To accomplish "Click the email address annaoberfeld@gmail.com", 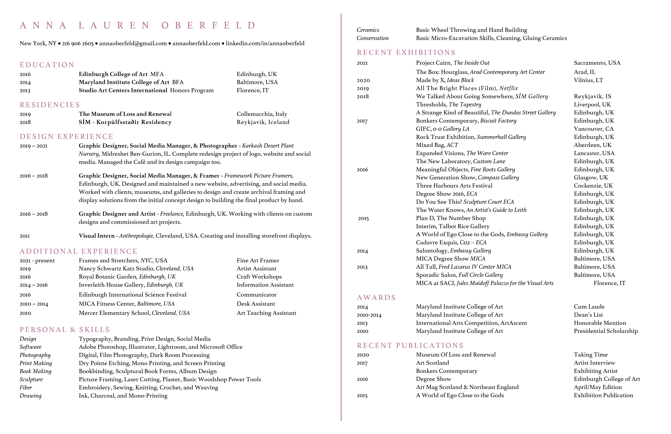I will point(133,43).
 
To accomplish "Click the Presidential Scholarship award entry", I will point(606,331).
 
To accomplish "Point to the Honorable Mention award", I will point(600,323).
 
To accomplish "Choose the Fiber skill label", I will point(26,387).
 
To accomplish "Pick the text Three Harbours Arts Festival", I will point(454,186).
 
